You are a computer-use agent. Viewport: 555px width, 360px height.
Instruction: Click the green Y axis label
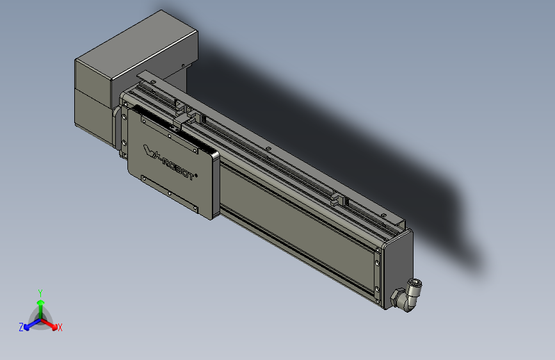pyautogui.click(x=40, y=292)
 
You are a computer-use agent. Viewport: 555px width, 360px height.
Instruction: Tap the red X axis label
pyautogui.click(x=60, y=327)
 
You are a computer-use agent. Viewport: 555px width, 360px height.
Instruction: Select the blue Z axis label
pyautogui.click(x=21, y=327)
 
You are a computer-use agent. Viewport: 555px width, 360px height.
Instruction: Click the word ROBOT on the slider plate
pyautogui.click(x=177, y=168)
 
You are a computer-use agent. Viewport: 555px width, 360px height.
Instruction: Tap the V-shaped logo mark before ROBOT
pyautogui.click(x=149, y=152)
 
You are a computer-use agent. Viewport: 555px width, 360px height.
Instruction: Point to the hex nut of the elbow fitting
pyautogui.click(x=398, y=297)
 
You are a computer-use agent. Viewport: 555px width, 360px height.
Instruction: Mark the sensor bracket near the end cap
pyautogui.click(x=338, y=197)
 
